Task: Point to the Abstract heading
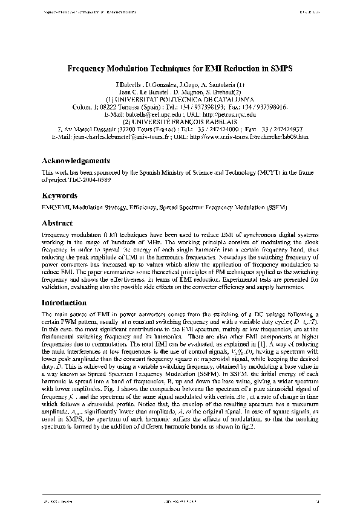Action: click(x=57, y=223)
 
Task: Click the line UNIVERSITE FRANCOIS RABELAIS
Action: click(x=179, y=121)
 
